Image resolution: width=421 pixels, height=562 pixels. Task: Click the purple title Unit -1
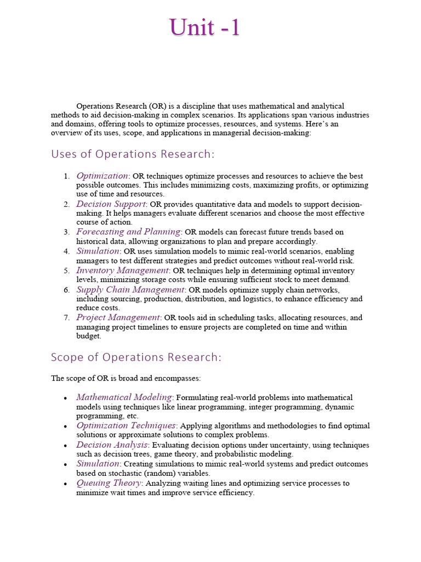pyautogui.click(x=204, y=27)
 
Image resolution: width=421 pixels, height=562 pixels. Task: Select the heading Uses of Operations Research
pyautogui.click(x=133, y=154)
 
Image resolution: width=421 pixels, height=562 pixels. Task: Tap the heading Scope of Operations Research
pyautogui.click(x=136, y=357)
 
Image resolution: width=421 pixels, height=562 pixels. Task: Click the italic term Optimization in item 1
pyautogui.click(x=102, y=176)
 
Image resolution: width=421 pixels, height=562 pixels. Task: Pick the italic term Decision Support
pyautogui.click(x=111, y=204)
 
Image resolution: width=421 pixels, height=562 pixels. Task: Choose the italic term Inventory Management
pyautogui.click(x=122, y=270)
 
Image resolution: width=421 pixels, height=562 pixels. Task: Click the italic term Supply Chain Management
pyautogui.click(x=130, y=289)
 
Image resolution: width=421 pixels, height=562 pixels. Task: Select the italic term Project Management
pyautogui.click(x=118, y=317)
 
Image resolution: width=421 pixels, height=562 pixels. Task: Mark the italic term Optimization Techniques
pyautogui.click(x=126, y=425)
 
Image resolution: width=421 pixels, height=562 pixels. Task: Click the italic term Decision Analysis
pyautogui.click(x=111, y=445)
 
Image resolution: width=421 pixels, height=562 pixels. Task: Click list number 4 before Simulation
pyautogui.click(x=66, y=251)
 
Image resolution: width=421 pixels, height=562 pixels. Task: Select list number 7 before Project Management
pyautogui.click(x=66, y=318)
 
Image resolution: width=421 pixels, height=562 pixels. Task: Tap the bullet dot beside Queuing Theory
pyautogui.click(x=66, y=484)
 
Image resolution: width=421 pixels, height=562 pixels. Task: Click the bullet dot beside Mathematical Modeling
pyautogui.click(x=66, y=398)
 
